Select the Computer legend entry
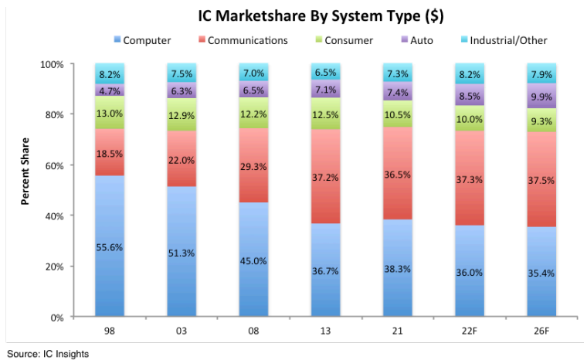[x=142, y=40]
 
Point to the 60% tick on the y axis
[x=56, y=165]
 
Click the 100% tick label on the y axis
[x=54, y=64]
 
